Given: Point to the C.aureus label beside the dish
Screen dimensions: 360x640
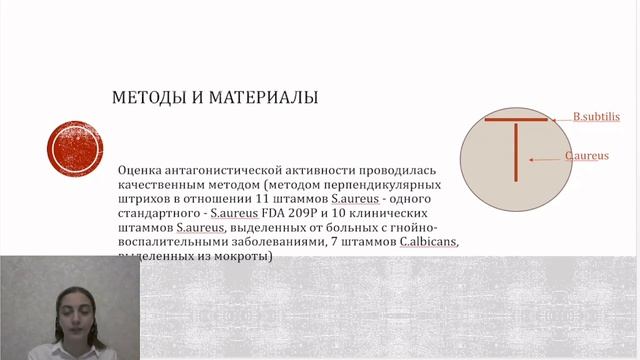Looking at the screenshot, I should [587, 156].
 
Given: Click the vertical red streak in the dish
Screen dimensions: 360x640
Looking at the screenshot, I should [516, 151].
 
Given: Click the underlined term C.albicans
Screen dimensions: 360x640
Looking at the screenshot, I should [424, 242].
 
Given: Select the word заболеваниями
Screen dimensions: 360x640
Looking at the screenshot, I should [280, 242].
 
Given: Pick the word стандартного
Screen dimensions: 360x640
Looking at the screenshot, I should [162, 214].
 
